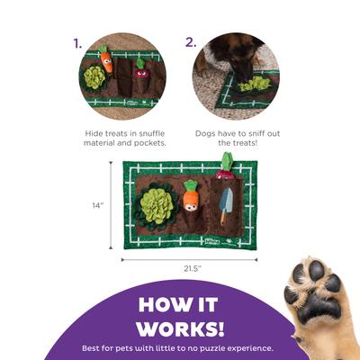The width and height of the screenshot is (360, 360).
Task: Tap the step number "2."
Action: [191, 42]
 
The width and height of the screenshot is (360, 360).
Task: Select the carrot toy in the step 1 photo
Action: [106, 60]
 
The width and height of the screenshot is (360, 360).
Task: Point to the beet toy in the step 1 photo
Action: [140, 69]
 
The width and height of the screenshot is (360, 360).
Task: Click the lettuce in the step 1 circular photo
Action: [94, 78]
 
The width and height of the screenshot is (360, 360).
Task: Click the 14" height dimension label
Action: [97, 205]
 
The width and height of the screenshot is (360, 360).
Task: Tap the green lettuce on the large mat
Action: [155, 206]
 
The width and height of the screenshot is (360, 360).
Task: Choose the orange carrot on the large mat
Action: [191, 195]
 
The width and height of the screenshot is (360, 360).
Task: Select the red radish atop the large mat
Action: [225, 166]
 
